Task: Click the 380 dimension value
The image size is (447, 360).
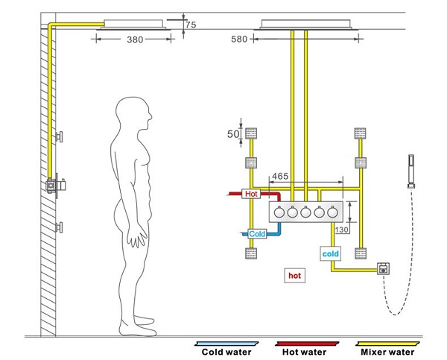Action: click(x=134, y=40)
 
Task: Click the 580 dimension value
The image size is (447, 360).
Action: click(x=240, y=40)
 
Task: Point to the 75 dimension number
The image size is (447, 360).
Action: click(x=191, y=25)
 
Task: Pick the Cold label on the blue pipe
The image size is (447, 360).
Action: click(x=257, y=234)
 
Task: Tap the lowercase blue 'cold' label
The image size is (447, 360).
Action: click(x=331, y=253)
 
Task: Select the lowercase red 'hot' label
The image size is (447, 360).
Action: click(x=296, y=275)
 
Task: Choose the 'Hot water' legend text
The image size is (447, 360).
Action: click(x=305, y=353)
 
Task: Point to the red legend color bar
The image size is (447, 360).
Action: click(x=306, y=342)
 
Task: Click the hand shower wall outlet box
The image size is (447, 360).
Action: click(x=384, y=268)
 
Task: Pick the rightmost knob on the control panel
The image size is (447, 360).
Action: click(x=334, y=212)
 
